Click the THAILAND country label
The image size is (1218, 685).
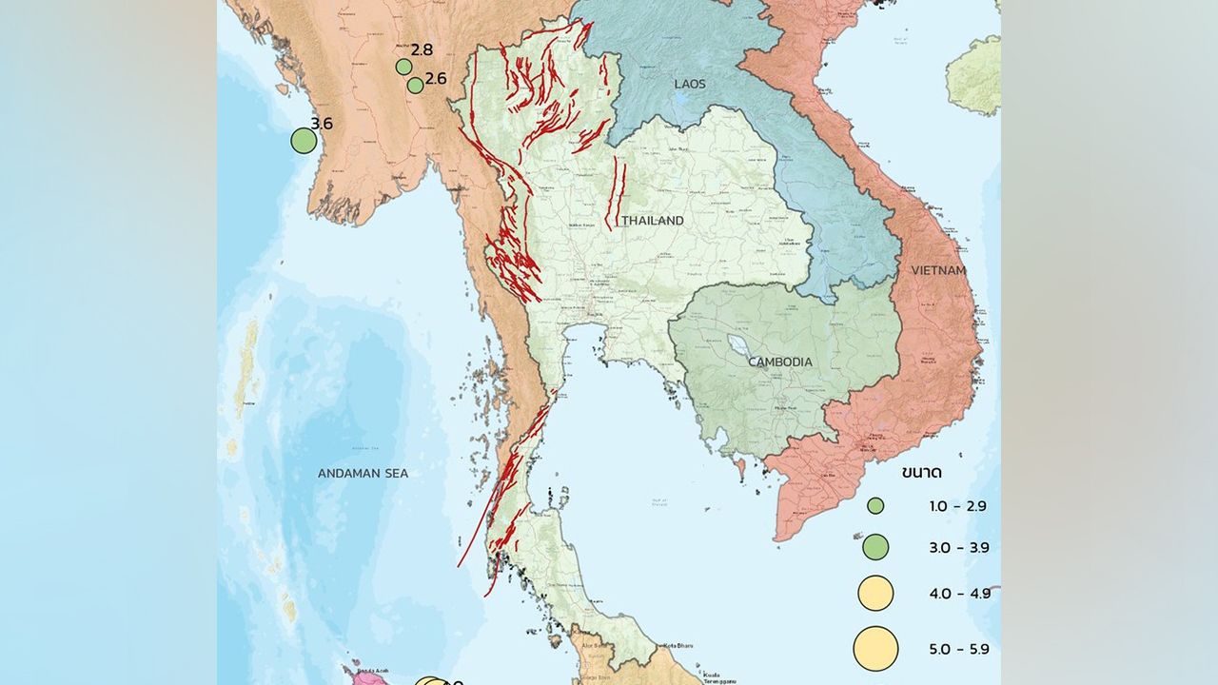click(653, 221)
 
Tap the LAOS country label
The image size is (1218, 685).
click(690, 85)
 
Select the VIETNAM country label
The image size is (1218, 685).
click(938, 271)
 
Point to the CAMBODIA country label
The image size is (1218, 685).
click(780, 362)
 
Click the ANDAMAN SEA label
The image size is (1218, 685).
click(363, 473)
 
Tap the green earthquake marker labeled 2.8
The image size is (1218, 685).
click(403, 67)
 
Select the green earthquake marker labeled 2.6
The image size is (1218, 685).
click(415, 85)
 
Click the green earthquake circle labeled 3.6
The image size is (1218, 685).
click(304, 141)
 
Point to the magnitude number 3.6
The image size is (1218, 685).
click(322, 124)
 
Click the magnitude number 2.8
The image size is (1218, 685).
click(422, 49)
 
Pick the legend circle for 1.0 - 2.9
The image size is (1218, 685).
click(875, 506)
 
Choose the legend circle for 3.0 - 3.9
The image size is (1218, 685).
click(875, 547)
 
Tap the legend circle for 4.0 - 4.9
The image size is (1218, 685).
click(875, 594)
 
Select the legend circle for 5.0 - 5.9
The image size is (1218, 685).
click(875, 649)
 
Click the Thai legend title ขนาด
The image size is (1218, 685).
click(922, 473)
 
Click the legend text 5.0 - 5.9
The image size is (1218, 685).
click(959, 650)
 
